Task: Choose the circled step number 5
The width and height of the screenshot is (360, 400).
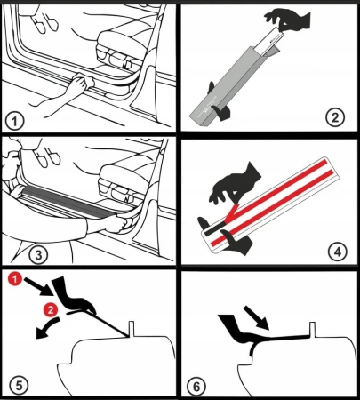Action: [17, 384]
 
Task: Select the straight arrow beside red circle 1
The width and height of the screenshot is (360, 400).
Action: [37, 286]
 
